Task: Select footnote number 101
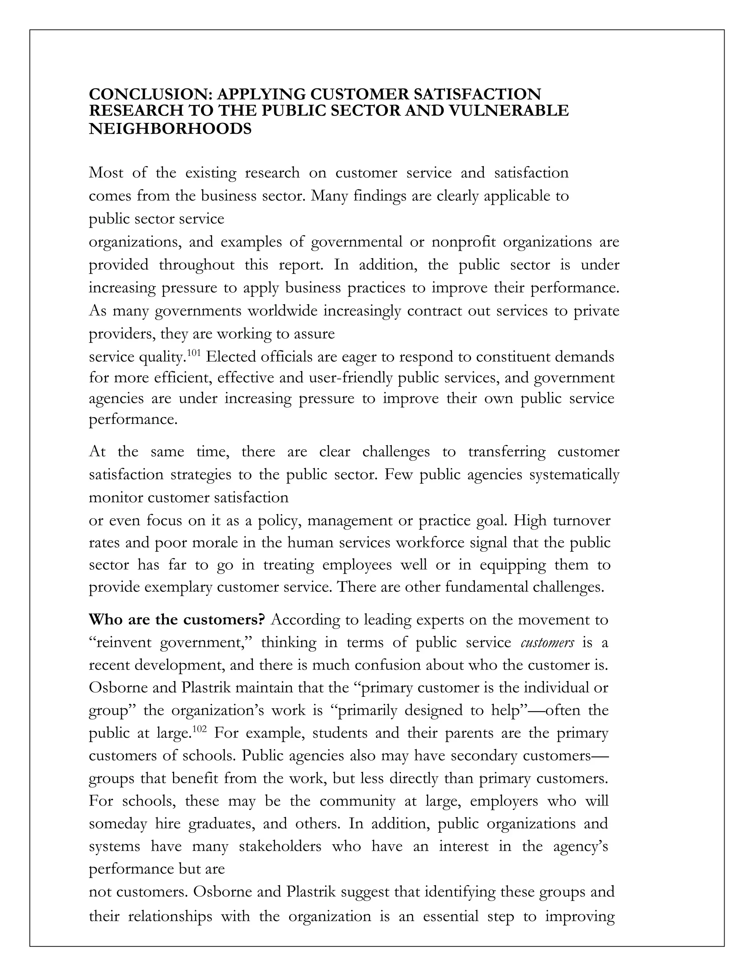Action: point(193,354)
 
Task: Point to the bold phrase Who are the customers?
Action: point(177,620)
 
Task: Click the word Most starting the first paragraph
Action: point(106,172)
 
